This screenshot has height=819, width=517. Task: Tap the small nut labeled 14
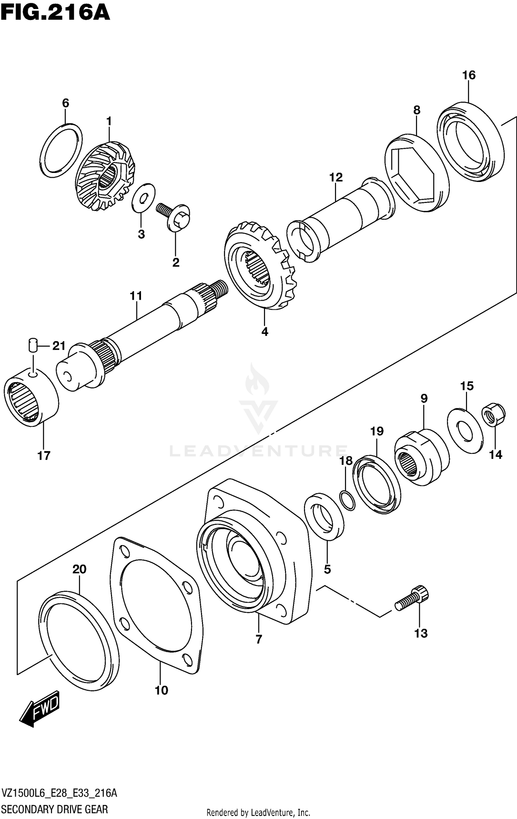pos(493,416)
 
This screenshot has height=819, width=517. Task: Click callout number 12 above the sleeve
pos(336,177)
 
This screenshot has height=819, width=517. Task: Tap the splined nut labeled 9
pos(422,457)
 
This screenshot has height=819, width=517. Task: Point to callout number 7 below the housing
pos(259,639)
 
